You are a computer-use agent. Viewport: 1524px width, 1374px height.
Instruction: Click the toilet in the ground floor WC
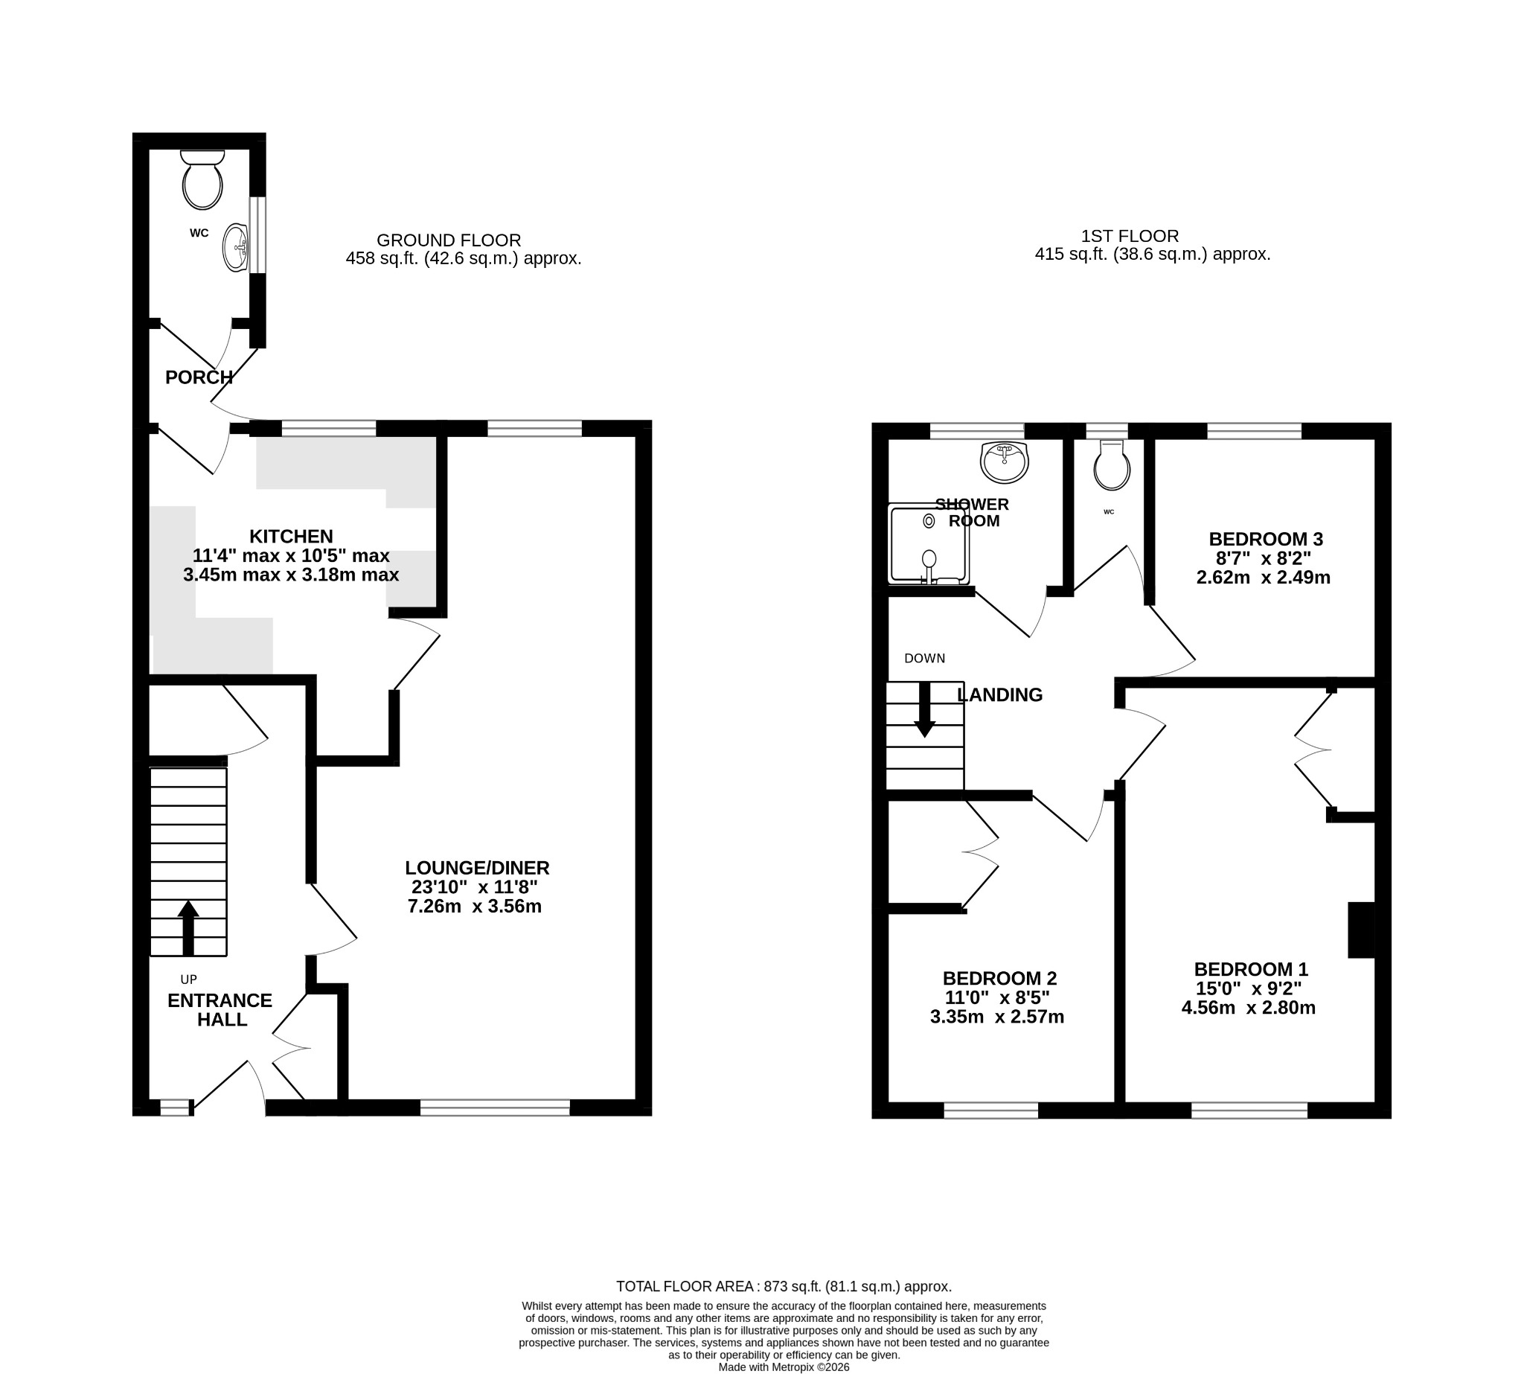[x=202, y=179]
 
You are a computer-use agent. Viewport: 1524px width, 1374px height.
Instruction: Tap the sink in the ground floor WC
[x=235, y=247]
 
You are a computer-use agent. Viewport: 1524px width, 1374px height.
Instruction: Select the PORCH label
[x=199, y=377]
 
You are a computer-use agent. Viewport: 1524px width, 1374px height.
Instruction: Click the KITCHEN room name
[x=292, y=536]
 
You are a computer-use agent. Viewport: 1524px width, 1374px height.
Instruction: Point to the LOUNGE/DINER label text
[x=477, y=867]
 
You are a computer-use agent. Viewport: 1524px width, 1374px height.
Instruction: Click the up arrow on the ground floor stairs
[x=188, y=928]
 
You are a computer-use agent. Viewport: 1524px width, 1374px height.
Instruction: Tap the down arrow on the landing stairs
[x=925, y=709]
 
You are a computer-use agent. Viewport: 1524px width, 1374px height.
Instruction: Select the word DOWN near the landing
[x=925, y=658]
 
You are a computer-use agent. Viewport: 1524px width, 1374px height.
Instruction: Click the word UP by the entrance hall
[x=189, y=980]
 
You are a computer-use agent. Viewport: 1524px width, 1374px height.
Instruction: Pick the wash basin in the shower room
[x=1004, y=462]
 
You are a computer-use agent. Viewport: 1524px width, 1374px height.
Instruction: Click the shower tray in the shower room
[x=929, y=544]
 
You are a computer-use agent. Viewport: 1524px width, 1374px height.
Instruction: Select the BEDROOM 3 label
[x=1266, y=539]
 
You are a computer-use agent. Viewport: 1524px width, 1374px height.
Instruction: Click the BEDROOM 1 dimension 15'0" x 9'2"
[x=1249, y=988]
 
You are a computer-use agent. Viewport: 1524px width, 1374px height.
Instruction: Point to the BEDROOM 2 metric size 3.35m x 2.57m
[x=997, y=1017]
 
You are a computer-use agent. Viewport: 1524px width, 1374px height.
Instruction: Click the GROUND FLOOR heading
[x=449, y=240]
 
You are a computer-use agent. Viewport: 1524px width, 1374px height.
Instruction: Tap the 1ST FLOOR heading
[x=1130, y=236]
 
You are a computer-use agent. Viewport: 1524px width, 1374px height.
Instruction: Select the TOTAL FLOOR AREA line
[x=784, y=1286]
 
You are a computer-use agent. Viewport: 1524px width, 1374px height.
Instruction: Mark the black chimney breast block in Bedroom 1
[x=1362, y=930]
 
